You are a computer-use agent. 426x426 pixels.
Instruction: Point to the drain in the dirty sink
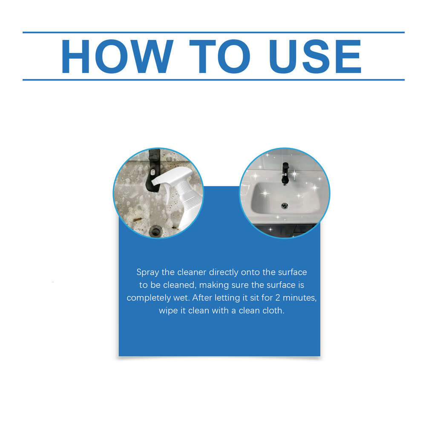[156, 230]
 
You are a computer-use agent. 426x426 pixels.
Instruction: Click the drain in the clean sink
[285, 206]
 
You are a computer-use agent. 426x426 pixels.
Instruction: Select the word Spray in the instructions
[147, 272]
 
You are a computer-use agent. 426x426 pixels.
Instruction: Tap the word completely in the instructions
[147, 297]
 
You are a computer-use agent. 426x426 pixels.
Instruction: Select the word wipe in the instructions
[168, 311]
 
